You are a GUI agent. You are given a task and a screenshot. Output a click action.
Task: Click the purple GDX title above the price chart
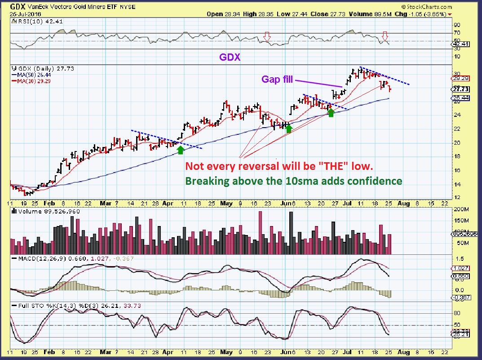click(x=230, y=57)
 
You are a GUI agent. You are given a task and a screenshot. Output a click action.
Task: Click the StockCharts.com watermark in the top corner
click(x=428, y=7)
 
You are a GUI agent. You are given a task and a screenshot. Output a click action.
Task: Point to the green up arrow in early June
click(x=289, y=129)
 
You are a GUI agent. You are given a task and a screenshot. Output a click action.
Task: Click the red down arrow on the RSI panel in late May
click(x=267, y=36)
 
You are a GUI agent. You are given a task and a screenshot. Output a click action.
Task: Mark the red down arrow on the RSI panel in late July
click(x=385, y=36)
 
